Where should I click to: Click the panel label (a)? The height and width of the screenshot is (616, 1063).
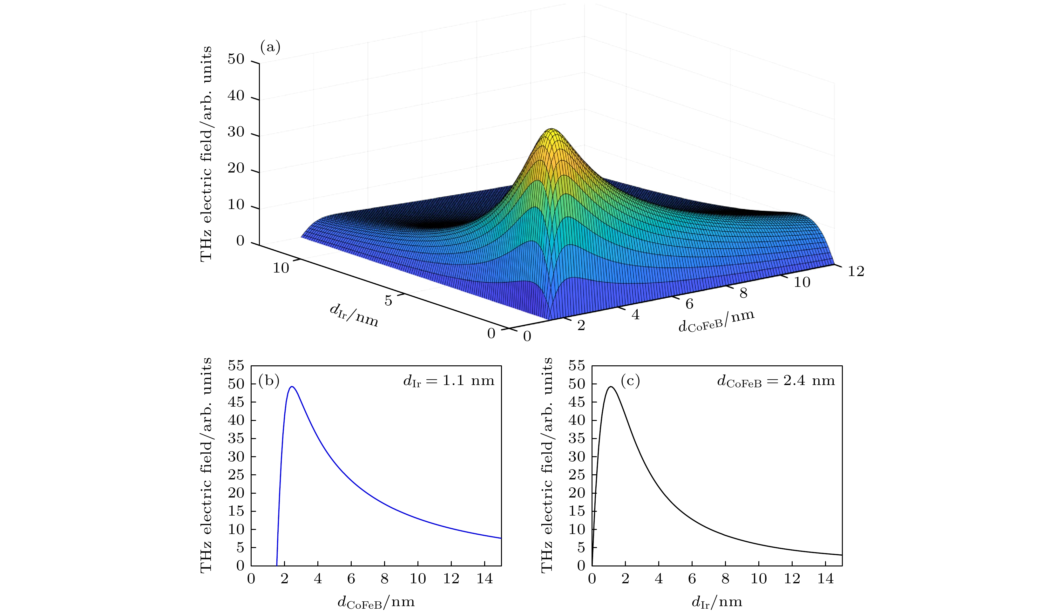tap(270, 46)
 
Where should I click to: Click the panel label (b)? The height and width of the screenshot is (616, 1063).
tap(269, 381)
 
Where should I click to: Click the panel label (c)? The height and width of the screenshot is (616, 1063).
tap(630, 381)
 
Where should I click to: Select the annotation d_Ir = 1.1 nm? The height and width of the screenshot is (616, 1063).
tap(448, 381)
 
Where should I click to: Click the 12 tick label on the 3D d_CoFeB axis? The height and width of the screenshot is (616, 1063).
tap(856, 271)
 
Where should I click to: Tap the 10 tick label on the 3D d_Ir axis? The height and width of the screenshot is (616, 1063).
tap(281, 268)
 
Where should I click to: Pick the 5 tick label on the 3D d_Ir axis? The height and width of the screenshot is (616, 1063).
tap(388, 301)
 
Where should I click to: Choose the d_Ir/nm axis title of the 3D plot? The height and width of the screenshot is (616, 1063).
tap(354, 315)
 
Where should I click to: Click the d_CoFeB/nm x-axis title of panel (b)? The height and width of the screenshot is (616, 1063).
tap(376, 602)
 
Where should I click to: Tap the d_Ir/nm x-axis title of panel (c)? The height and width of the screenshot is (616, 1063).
tap(717, 602)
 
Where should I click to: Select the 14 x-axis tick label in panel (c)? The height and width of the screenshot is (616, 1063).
tap(825, 579)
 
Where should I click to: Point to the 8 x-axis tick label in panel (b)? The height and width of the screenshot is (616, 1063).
tap(384, 579)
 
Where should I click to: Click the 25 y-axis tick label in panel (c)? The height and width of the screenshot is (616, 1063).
tap(577, 475)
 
